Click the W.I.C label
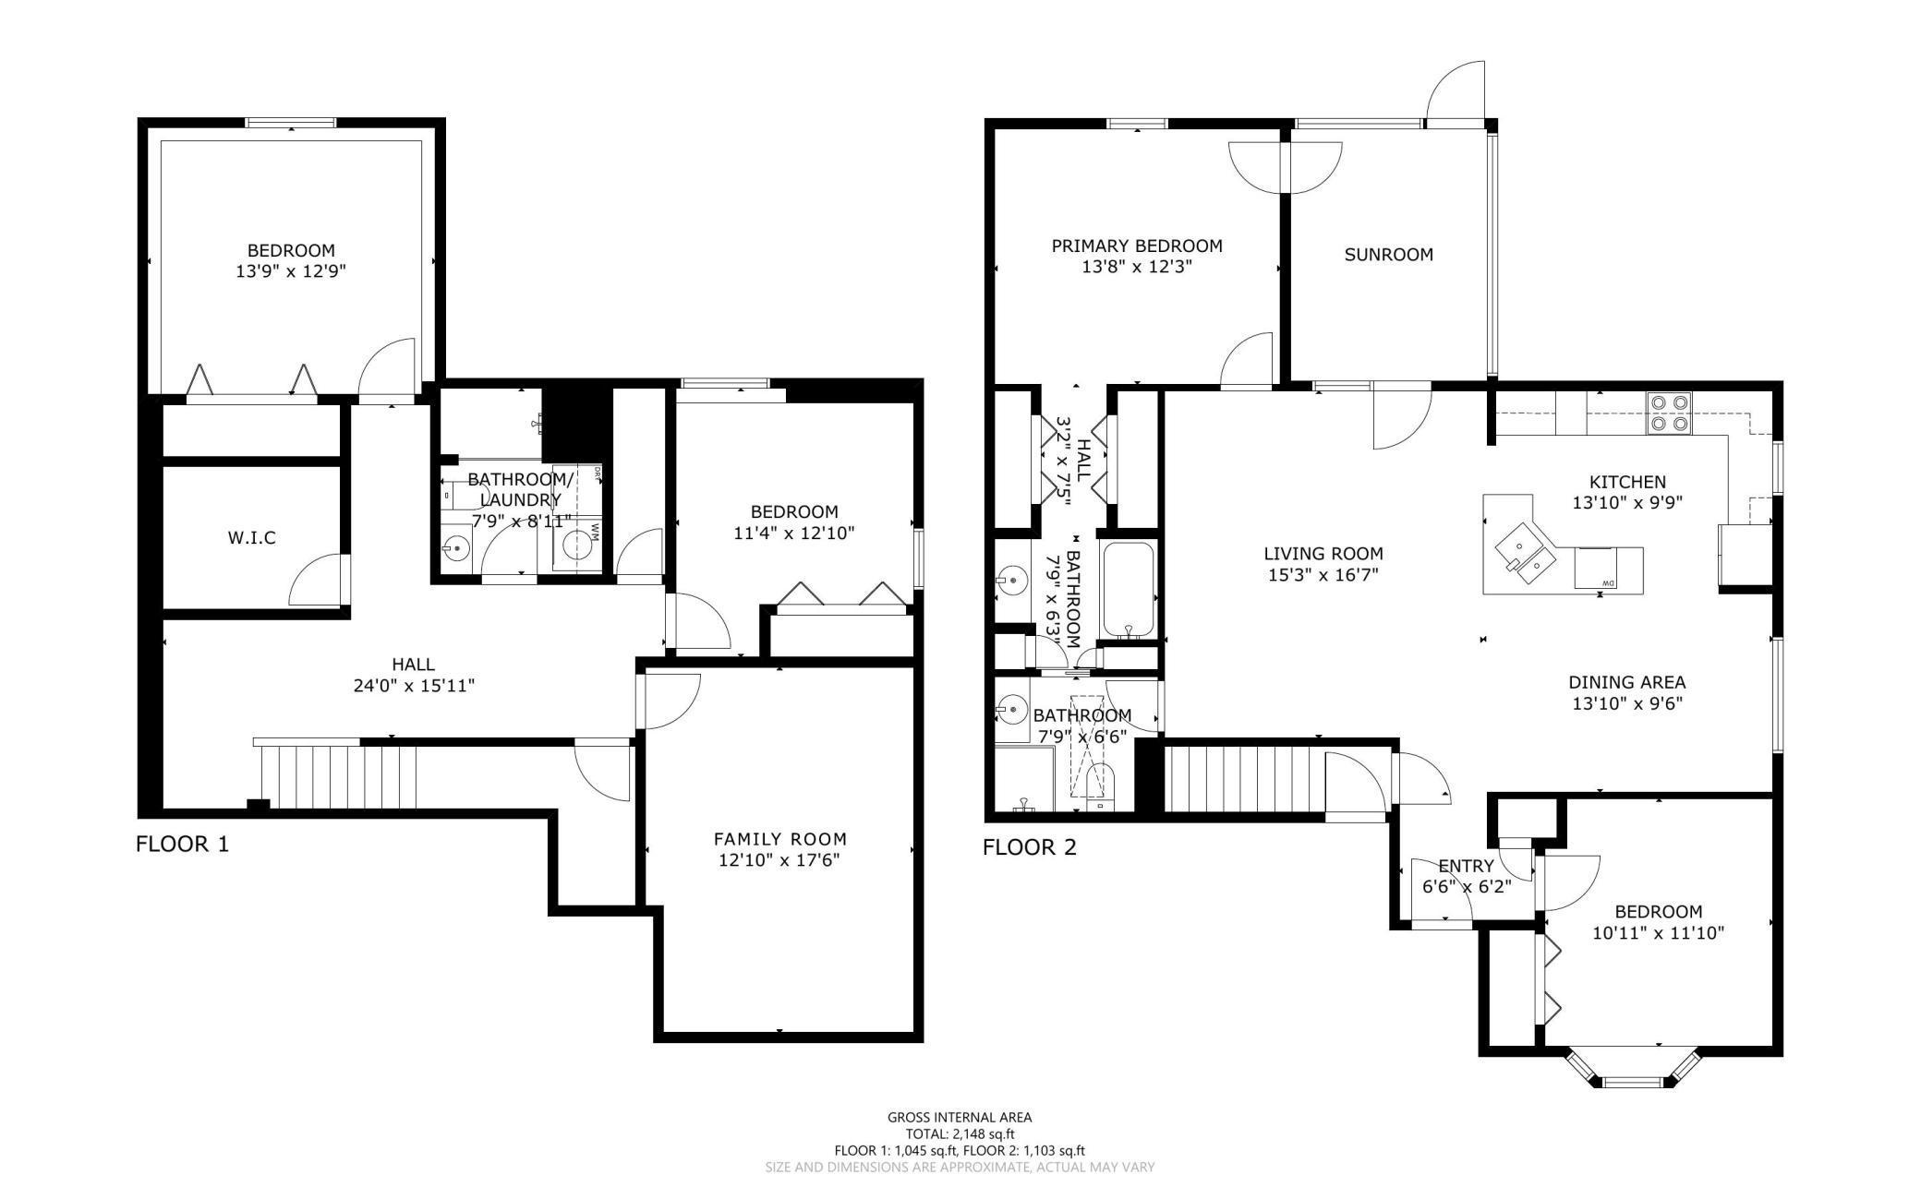pos(251,537)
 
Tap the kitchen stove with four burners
pos(1669,413)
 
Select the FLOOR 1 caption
pos(182,844)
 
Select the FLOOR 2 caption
pos(1029,847)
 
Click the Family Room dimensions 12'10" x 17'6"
pos(779,860)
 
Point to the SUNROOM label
pos(1388,255)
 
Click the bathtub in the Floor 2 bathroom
pos(1128,589)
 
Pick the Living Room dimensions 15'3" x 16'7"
pos(1323,575)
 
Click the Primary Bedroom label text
pos(1137,246)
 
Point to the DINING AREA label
pos(1626,682)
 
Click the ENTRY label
pos(1466,866)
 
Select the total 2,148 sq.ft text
pos(960,1133)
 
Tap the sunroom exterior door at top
pos(1456,92)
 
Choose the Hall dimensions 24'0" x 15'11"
pos(413,686)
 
